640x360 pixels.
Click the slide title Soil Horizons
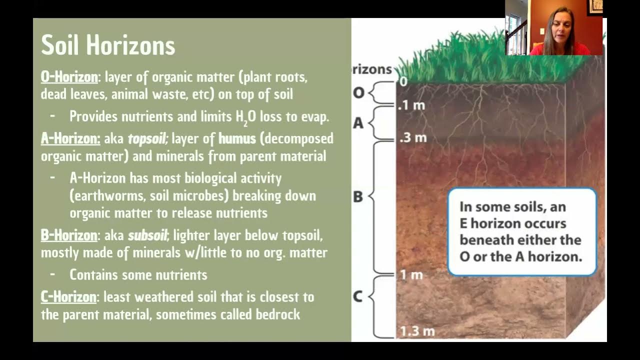[108, 45]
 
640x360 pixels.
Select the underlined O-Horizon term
[69, 77]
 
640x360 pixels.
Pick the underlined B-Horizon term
[69, 235]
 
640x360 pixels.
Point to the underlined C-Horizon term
[68, 297]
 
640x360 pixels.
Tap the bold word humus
[237, 138]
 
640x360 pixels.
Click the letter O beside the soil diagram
[358, 93]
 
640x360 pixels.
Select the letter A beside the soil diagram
[358, 123]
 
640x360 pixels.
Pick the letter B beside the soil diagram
[358, 196]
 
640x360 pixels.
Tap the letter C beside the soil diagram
[357, 296]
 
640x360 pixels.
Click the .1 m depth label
[412, 106]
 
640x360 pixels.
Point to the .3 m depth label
[413, 137]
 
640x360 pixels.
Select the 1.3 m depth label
[417, 330]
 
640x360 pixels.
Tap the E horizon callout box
[521, 231]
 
